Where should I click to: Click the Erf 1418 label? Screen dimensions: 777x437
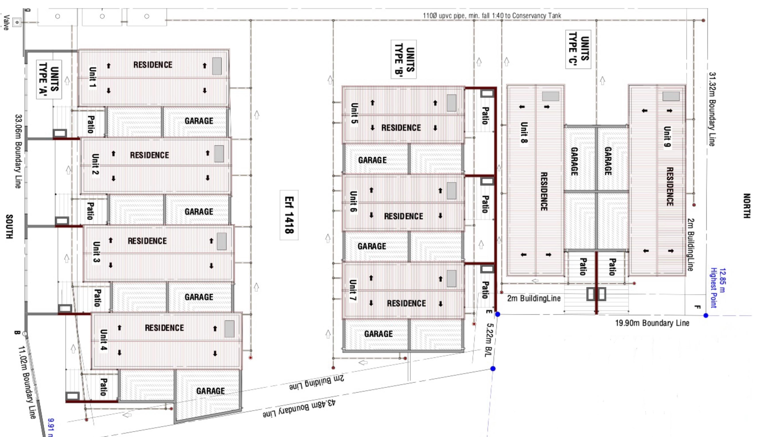point(289,215)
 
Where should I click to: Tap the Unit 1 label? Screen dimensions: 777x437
point(93,77)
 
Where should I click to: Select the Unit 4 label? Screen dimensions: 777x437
point(103,340)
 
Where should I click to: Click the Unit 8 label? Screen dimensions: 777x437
point(524,132)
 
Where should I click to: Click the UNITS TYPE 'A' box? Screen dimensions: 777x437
point(49,79)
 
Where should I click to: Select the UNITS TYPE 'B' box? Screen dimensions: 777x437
point(404,59)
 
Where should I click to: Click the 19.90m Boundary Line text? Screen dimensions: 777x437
point(652,323)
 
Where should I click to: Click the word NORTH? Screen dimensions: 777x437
point(746,206)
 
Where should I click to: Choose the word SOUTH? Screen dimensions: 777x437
point(9,227)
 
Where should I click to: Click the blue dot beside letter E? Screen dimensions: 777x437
point(498,314)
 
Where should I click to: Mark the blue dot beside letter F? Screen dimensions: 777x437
point(706,315)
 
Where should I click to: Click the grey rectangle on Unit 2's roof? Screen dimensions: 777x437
point(219,154)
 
